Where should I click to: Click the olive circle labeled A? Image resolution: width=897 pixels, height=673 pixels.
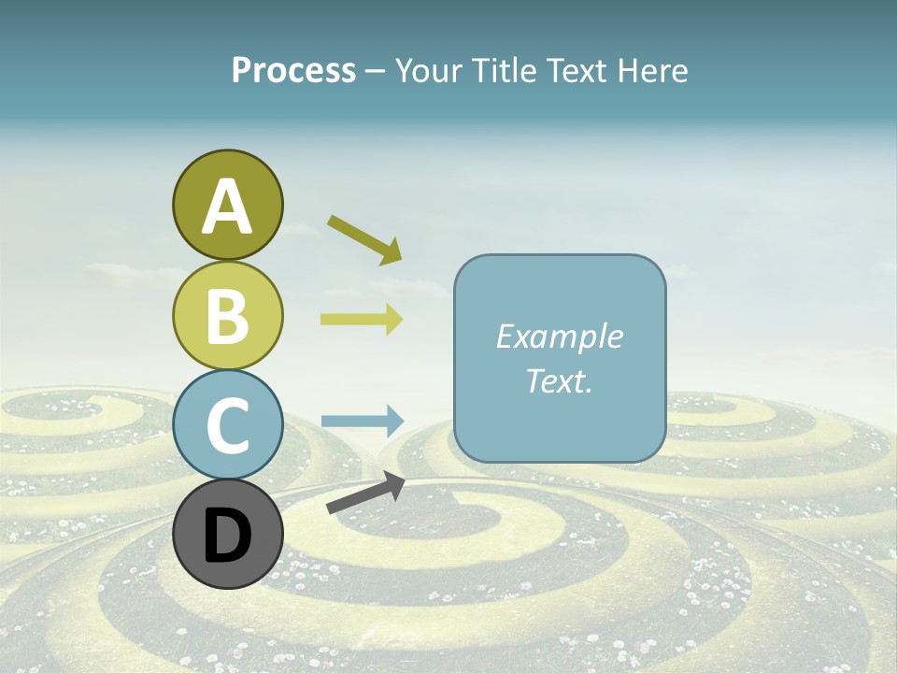[x=227, y=206]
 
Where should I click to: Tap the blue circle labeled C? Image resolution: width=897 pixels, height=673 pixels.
[x=227, y=424]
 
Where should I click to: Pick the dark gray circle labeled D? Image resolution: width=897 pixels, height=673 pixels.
[x=227, y=534]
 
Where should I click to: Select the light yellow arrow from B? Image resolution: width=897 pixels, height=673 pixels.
[x=362, y=320]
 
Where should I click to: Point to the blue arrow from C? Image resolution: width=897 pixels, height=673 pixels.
[x=362, y=421]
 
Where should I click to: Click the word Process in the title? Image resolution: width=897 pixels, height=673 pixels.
[x=293, y=71]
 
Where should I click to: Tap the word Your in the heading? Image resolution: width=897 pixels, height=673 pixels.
[x=428, y=71]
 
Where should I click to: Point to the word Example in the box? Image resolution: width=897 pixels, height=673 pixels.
[x=559, y=336]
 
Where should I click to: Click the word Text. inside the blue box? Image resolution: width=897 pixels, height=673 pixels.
[x=559, y=380]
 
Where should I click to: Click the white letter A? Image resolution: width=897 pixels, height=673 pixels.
[x=227, y=208]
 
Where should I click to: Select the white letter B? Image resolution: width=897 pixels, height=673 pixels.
[x=227, y=316]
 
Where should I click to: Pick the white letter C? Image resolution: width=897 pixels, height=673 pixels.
[x=227, y=425]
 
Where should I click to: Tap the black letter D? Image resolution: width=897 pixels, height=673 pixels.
[x=227, y=536]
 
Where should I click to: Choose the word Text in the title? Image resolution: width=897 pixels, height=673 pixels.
[x=577, y=71]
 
